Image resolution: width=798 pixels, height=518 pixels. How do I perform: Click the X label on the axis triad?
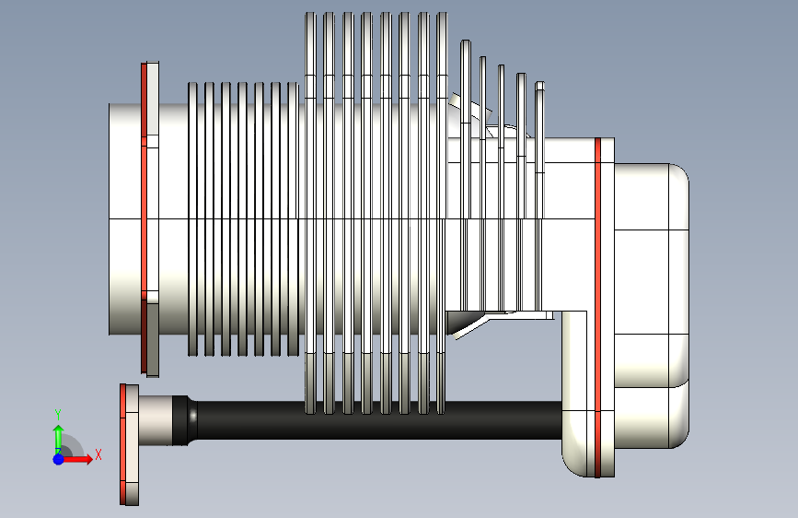(x=98, y=454)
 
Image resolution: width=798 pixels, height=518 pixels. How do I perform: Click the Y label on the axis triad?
(x=57, y=414)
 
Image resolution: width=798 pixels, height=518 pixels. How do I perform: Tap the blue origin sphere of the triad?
(x=58, y=458)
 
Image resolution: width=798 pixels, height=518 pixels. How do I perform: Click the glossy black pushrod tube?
(x=368, y=419)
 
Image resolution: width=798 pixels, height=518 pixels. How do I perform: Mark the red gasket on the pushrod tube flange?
(x=122, y=444)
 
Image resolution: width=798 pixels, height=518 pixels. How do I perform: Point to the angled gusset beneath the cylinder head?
(x=469, y=323)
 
